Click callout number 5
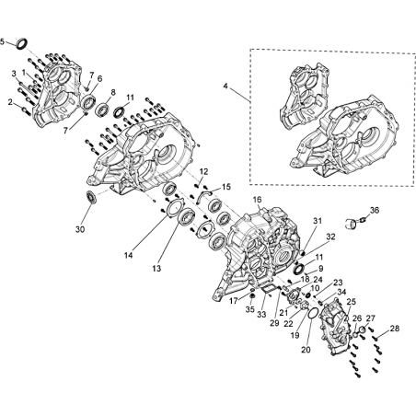coord(3,41)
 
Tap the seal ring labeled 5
coord(21,43)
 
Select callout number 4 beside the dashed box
coord(225,87)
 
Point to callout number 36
coord(375,211)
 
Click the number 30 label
coord(80,229)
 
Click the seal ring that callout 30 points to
coord(91,196)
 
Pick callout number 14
coord(129,255)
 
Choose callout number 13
coord(156,269)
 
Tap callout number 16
coord(257,200)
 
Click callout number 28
coord(395,329)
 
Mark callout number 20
coord(306,350)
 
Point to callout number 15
coord(226,187)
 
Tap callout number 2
coord(10,102)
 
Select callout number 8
coord(113,92)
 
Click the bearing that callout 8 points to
coord(103,109)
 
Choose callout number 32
coord(330,237)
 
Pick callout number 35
coord(250,309)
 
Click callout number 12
coord(203,171)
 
